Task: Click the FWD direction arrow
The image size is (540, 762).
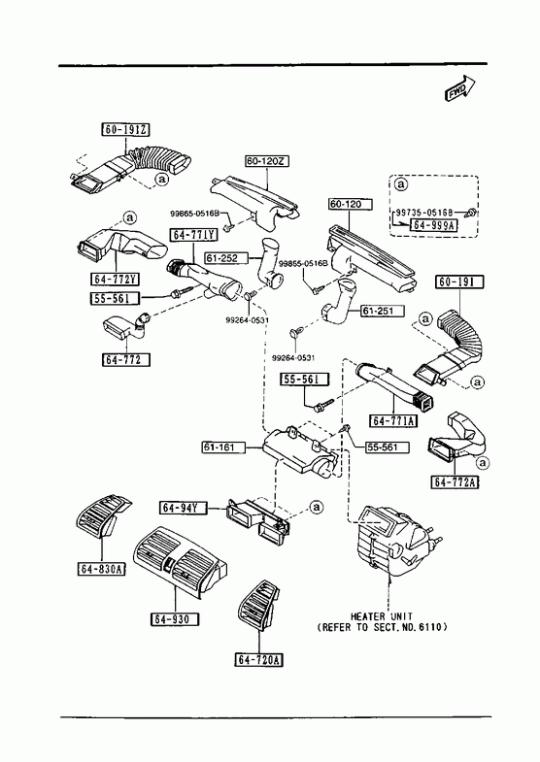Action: [459, 88]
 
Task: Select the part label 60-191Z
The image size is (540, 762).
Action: [125, 130]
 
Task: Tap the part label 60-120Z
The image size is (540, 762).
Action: [267, 161]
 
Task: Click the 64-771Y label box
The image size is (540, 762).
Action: [194, 235]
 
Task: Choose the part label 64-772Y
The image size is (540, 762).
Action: [116, 279]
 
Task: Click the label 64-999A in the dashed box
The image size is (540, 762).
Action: [434, 225]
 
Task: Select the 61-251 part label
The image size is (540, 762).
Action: [382, 311]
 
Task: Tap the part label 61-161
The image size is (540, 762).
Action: [223, 447]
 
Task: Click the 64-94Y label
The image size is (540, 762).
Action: [184, 509]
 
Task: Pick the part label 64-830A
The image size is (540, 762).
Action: [101, 569]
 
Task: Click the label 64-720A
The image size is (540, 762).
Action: [259, 659]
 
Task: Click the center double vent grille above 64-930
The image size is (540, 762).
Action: [180, 560]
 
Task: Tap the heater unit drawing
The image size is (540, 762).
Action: [394, 541]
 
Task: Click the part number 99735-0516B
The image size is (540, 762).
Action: [424, 213]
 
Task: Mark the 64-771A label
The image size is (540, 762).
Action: [393, 420]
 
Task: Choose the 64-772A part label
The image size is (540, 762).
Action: [455, 482]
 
